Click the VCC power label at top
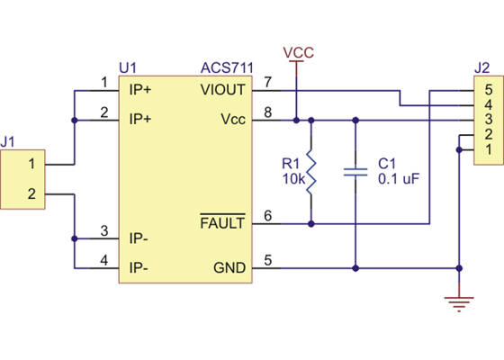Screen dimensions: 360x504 [x=298, y=53]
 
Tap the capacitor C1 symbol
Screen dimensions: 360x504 [x=356, y=171]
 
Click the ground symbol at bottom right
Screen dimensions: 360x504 [x=460, y=301]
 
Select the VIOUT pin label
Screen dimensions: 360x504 [x=222, y=90]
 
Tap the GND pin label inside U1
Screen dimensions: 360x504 [x=228, y=267]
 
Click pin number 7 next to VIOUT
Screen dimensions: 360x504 [x=267, y=83]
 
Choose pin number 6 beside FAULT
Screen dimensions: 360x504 [x=267, y=216]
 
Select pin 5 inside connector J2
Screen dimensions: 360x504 [x=488, y=90]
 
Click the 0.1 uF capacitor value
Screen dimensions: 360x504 [x=398, y=179]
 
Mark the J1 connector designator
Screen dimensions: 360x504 [x=10, y=141]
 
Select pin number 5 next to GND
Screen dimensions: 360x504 [x=267, y=260]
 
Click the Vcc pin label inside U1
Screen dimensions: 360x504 [x=230, y=119]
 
